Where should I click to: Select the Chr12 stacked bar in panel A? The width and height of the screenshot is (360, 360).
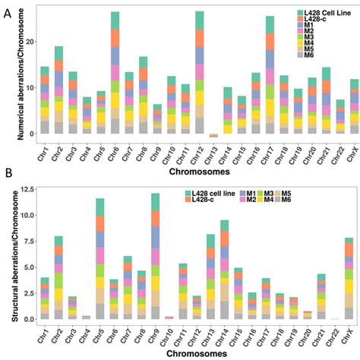click(x=178, y=76)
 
